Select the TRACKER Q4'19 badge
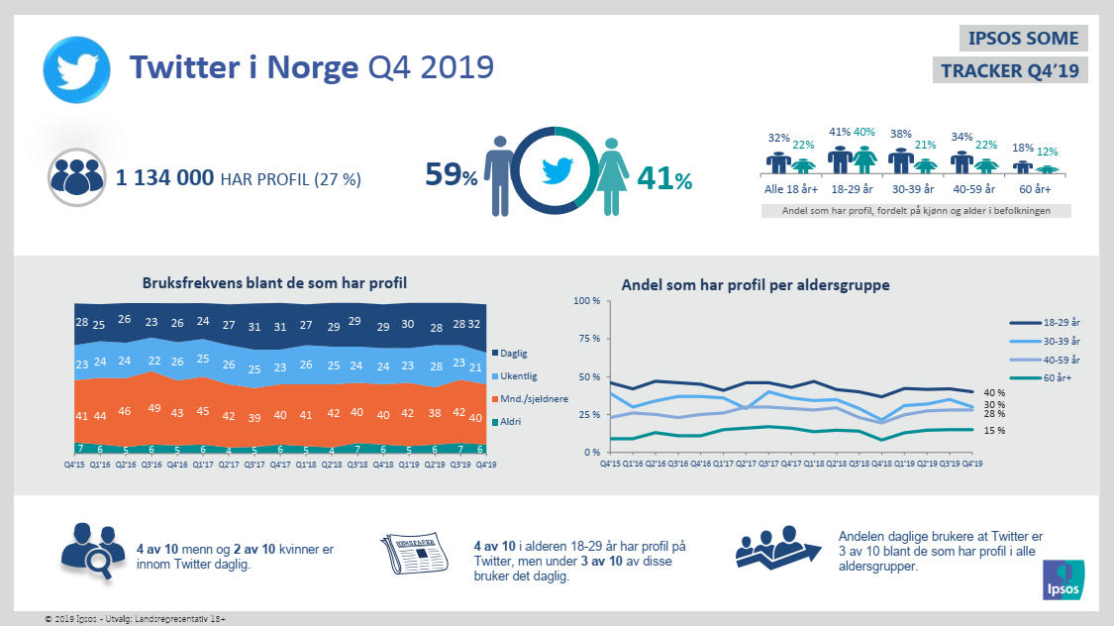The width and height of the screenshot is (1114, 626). point(1010,70)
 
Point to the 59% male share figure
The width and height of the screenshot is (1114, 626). point(452,175)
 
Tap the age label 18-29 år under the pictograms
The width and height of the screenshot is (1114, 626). point(852,188)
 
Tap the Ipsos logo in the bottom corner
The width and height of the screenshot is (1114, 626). point(1063,580)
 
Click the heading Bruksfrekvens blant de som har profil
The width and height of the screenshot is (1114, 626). point(274,284)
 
